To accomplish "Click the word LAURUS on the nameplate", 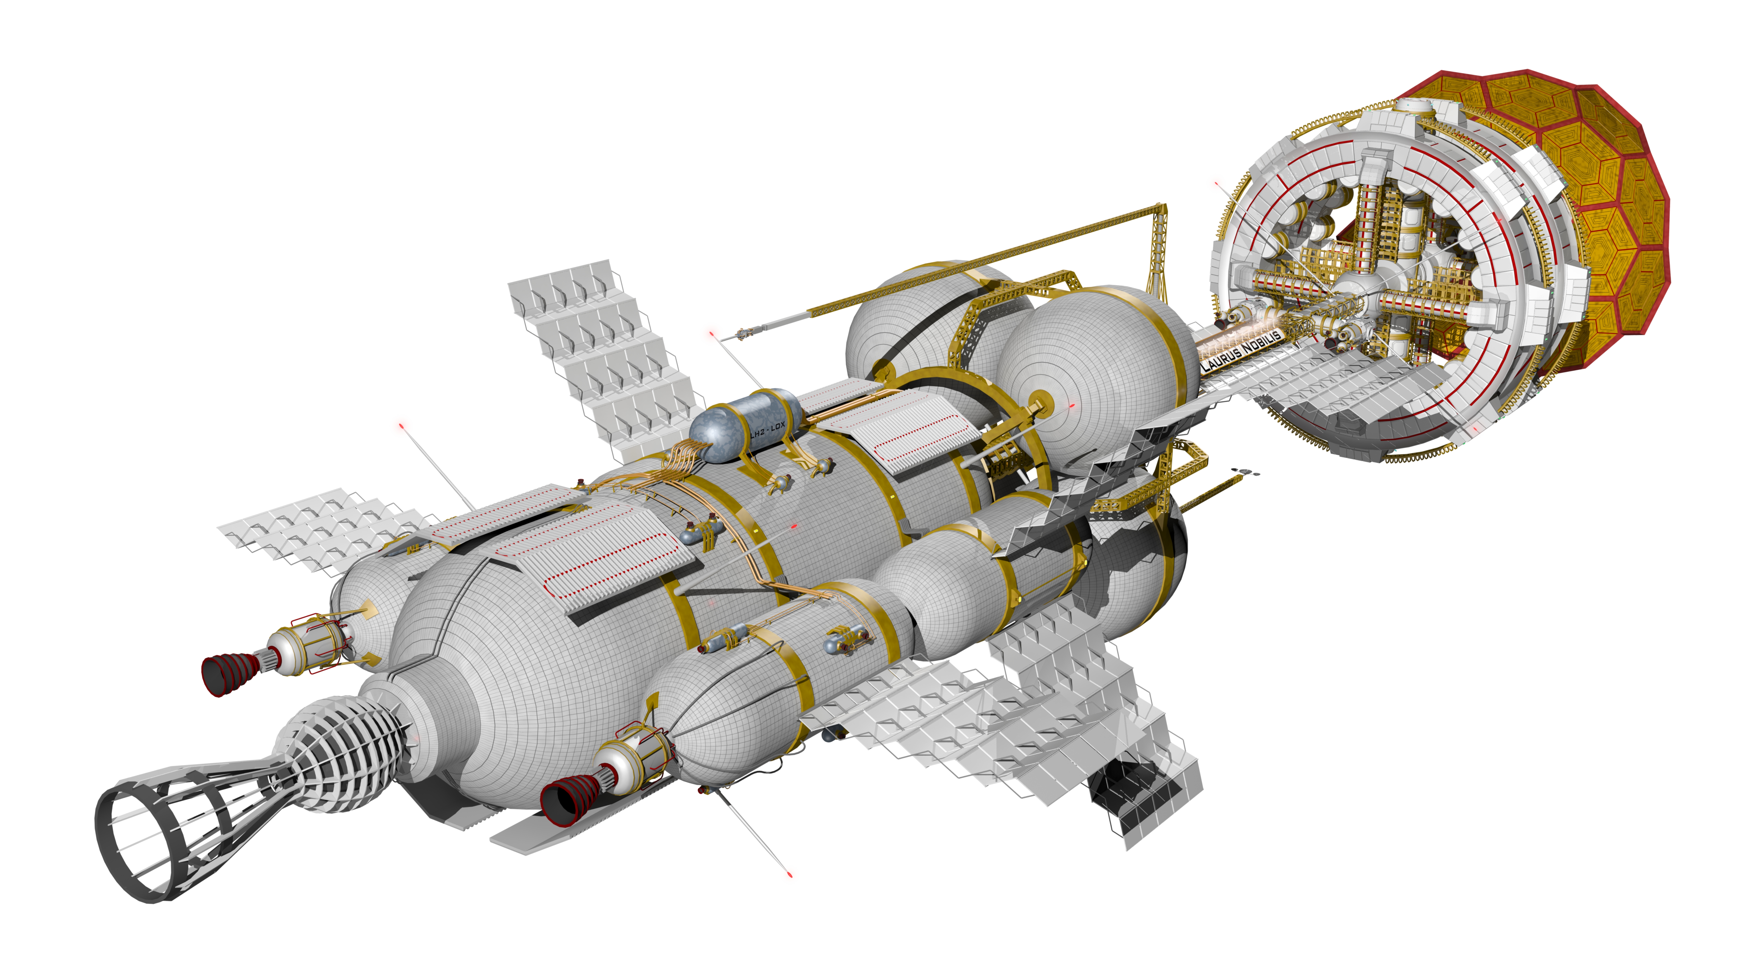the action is (x=1222, y=357).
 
